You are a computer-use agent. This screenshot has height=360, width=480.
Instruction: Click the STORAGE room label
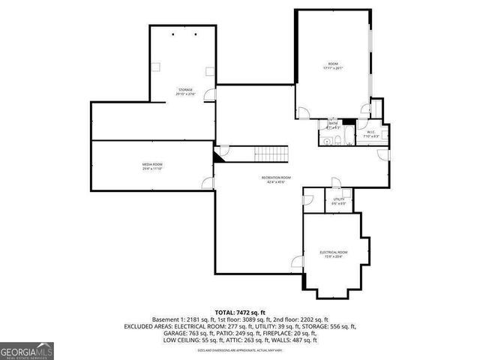[184, 91]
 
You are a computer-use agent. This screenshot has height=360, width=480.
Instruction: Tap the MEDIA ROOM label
[152, 166]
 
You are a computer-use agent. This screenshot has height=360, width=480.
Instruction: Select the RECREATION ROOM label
[276, 178]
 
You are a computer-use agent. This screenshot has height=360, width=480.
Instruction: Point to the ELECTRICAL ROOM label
[333, 253]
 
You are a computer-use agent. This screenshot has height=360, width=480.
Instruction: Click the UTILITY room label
[339, 201]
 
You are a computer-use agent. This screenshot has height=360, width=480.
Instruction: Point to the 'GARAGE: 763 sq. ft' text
[186, 333]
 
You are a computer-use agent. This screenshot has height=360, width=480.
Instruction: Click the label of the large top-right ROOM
[332, 66]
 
